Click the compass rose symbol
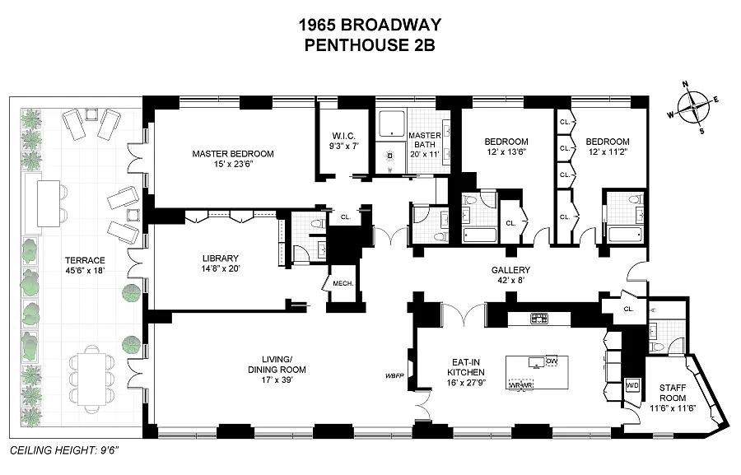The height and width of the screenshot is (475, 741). [696, 107]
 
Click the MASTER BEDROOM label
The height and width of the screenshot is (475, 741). [233, 154]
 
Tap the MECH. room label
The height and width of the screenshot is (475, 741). [343, 284]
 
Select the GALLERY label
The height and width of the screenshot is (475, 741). [510, 270]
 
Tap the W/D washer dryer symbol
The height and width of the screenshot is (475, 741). [632, 385]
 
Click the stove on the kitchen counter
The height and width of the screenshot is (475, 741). [539, 317]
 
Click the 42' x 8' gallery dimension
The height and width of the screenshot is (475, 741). [510, 282]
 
